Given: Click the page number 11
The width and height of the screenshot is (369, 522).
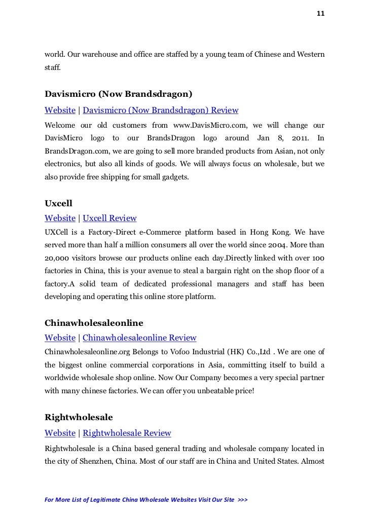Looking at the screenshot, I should (320, 14).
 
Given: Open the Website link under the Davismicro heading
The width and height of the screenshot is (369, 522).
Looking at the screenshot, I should (60, 110).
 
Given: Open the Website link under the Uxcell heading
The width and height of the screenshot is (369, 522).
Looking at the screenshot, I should (60, 218).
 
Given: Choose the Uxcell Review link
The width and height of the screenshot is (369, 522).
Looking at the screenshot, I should (109, 218).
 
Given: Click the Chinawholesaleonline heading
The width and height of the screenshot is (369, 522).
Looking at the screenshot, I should (94, 322).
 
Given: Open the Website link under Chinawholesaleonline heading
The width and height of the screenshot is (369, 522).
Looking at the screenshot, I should (60, 338).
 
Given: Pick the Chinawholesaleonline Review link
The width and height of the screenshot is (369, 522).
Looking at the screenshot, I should (139, 338).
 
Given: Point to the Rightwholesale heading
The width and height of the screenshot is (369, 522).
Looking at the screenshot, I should (79, 418).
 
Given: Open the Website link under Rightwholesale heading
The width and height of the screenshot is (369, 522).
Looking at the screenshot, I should (60, 433).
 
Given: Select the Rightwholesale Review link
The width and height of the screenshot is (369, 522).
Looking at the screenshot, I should (127, 433).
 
